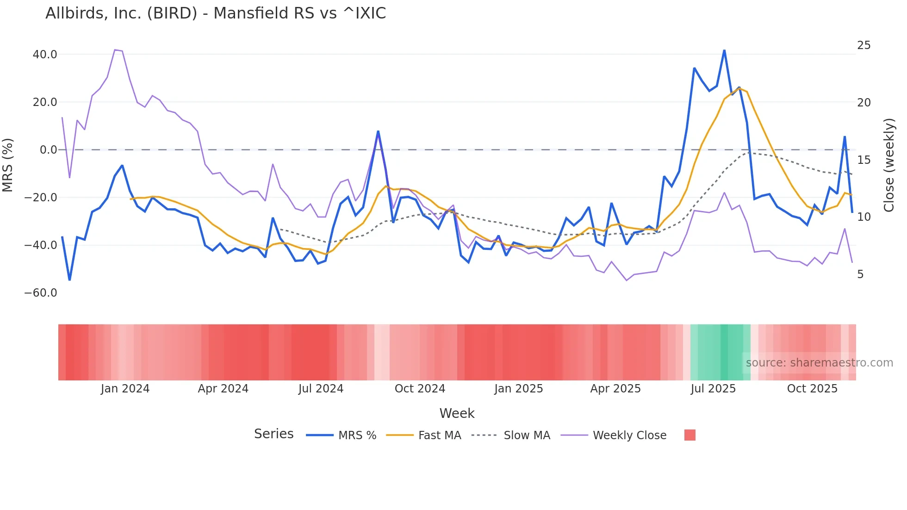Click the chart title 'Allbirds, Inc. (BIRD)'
click(215, 13)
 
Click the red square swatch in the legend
click(690, 435)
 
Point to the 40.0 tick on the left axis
click(45, 55)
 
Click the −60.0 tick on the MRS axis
click(41, 293)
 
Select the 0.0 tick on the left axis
click(48, 150)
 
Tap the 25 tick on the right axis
click(864, 45)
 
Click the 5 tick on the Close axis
click(860, 274)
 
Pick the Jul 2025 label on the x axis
click(713, 389)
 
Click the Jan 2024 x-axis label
click(125, 389)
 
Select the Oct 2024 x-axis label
click(420, 389)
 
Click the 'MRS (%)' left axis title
click(7, 165)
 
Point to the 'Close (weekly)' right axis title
click(889, 165)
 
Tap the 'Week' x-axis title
click(457, 413)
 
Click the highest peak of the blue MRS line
click(724, 50)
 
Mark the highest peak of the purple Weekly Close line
click(115, 50)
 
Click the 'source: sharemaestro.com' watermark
click(819, 363)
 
